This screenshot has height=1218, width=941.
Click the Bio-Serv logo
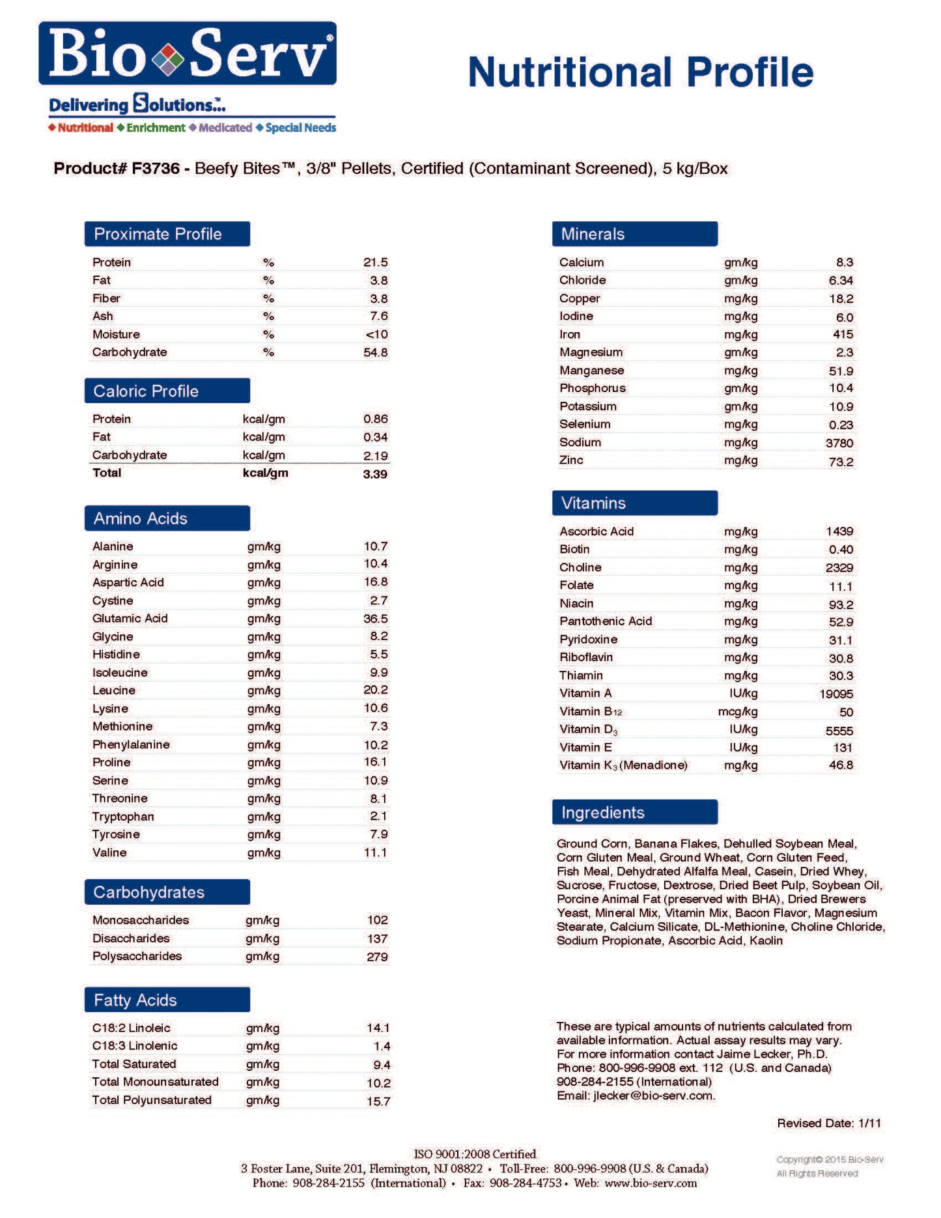click(x=188, y=53)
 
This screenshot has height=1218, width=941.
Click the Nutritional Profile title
click(x=641, y=72)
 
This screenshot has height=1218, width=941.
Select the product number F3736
click(x=155, y=169)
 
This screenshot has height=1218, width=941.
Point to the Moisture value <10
click(x=376, y=335)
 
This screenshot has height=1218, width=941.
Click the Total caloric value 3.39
click(x=375, y=474)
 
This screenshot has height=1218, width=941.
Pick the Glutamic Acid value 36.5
click(x=376, y=619)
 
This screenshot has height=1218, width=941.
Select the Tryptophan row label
click(x=123, y=817)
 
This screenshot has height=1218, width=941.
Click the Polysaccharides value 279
click(x=377, y=957)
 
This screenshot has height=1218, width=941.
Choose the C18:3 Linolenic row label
click(x=135, y=1046)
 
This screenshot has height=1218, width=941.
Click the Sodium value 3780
click(x=839, y=443)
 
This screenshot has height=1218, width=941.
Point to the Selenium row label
click(x=585, y=424)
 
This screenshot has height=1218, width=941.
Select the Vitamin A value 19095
click(x=836, y=694)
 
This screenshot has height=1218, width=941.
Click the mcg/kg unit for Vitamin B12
click(x=738, y=712)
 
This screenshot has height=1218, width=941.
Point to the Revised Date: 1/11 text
click(x=828, y=1124)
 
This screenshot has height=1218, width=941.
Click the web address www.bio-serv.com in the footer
click(x=651, y=1183)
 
